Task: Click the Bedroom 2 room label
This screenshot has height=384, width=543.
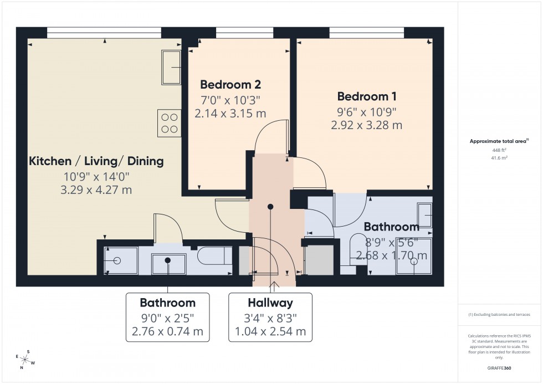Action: click(x=230, y=85)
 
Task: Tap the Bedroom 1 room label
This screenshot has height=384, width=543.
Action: click(x=366, y=96)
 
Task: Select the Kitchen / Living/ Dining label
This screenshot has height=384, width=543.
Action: click(x=96, y=161)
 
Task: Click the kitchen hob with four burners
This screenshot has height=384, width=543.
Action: click(x=170, y=123)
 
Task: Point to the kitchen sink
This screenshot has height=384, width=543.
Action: click(x=171, y=68)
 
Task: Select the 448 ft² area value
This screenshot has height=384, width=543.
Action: click(x=500, y=150)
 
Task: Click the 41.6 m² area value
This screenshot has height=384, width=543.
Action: click(x=500, y=157)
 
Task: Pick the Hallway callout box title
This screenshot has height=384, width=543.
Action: click(x=270, y=303)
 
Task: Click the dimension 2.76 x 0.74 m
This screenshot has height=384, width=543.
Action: click(x=167, y=332)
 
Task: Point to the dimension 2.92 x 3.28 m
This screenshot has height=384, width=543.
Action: click(x=366, y=125)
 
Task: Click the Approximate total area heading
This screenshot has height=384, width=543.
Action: click(x=499, y=141)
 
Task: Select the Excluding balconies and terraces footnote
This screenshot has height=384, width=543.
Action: click(x=500, y=314)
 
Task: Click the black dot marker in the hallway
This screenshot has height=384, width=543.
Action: click(x=270, y=207)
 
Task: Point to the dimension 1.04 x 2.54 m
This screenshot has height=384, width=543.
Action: click(x=270, y=332)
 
